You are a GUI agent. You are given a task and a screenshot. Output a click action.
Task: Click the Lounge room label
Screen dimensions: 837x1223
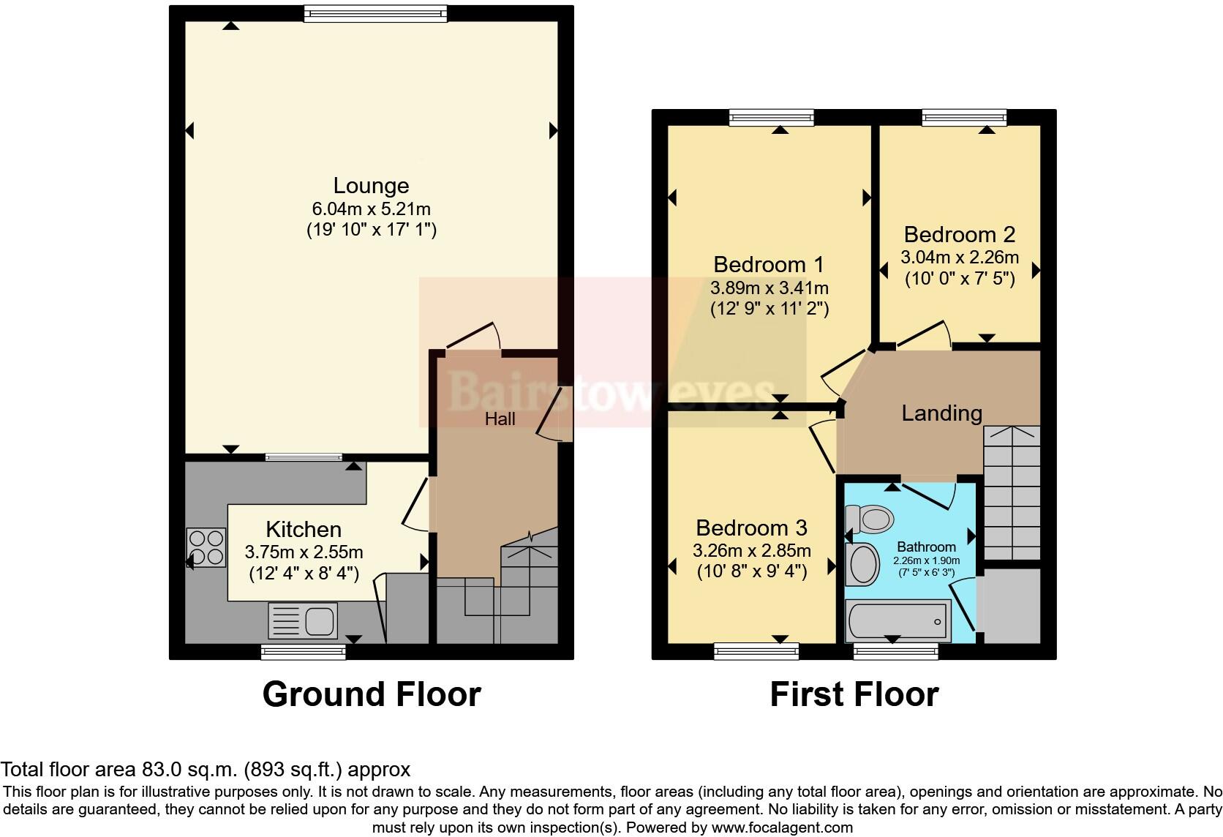pyautogui.click(x=371, y=185)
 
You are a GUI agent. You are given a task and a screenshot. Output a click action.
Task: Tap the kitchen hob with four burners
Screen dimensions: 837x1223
pyautogui.click(x=206, y=547)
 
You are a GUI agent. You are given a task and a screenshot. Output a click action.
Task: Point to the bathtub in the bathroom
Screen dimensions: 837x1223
pyautogui.click(x=898, y=621)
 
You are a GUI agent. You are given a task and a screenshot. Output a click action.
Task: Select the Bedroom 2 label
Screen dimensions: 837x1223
pyautogui.click(x=959, y=234)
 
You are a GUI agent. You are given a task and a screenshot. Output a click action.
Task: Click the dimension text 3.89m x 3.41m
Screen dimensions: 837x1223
pyautogui.click(x=769, y=288)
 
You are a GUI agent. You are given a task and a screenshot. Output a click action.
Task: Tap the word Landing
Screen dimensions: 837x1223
pyautogui.click(x=941, y=413)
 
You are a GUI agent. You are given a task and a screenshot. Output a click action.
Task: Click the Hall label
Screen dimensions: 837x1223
pyautogui.click(x=500, y=418)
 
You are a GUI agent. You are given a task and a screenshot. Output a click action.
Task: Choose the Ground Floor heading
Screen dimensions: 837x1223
pyautogui.click(x=372, y=694)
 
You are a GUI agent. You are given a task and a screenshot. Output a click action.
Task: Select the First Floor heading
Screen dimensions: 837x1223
pyautogui.click(x=854, y=694)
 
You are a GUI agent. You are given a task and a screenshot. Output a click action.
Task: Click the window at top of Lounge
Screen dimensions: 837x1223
pyautogui.click(x=375, y=13)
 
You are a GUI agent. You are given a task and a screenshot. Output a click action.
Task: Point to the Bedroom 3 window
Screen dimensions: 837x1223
pyautogui.click(x=756, y=651)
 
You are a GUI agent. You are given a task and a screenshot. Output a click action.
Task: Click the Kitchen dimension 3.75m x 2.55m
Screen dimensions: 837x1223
pyautogui.click(x=304, y=552)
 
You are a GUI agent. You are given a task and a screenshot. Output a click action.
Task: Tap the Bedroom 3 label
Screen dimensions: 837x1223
pyautogui.click(x=751, y=527)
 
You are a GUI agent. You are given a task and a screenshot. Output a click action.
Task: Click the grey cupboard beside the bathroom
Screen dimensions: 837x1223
pyautogui.click(x=1012, y=606)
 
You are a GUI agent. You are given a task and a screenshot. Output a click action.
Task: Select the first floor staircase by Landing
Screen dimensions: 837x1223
pyautogui.click(x=1012, y=494)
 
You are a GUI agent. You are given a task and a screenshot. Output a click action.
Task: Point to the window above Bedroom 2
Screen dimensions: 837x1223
pyautogui.click(x=964, y=117)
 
